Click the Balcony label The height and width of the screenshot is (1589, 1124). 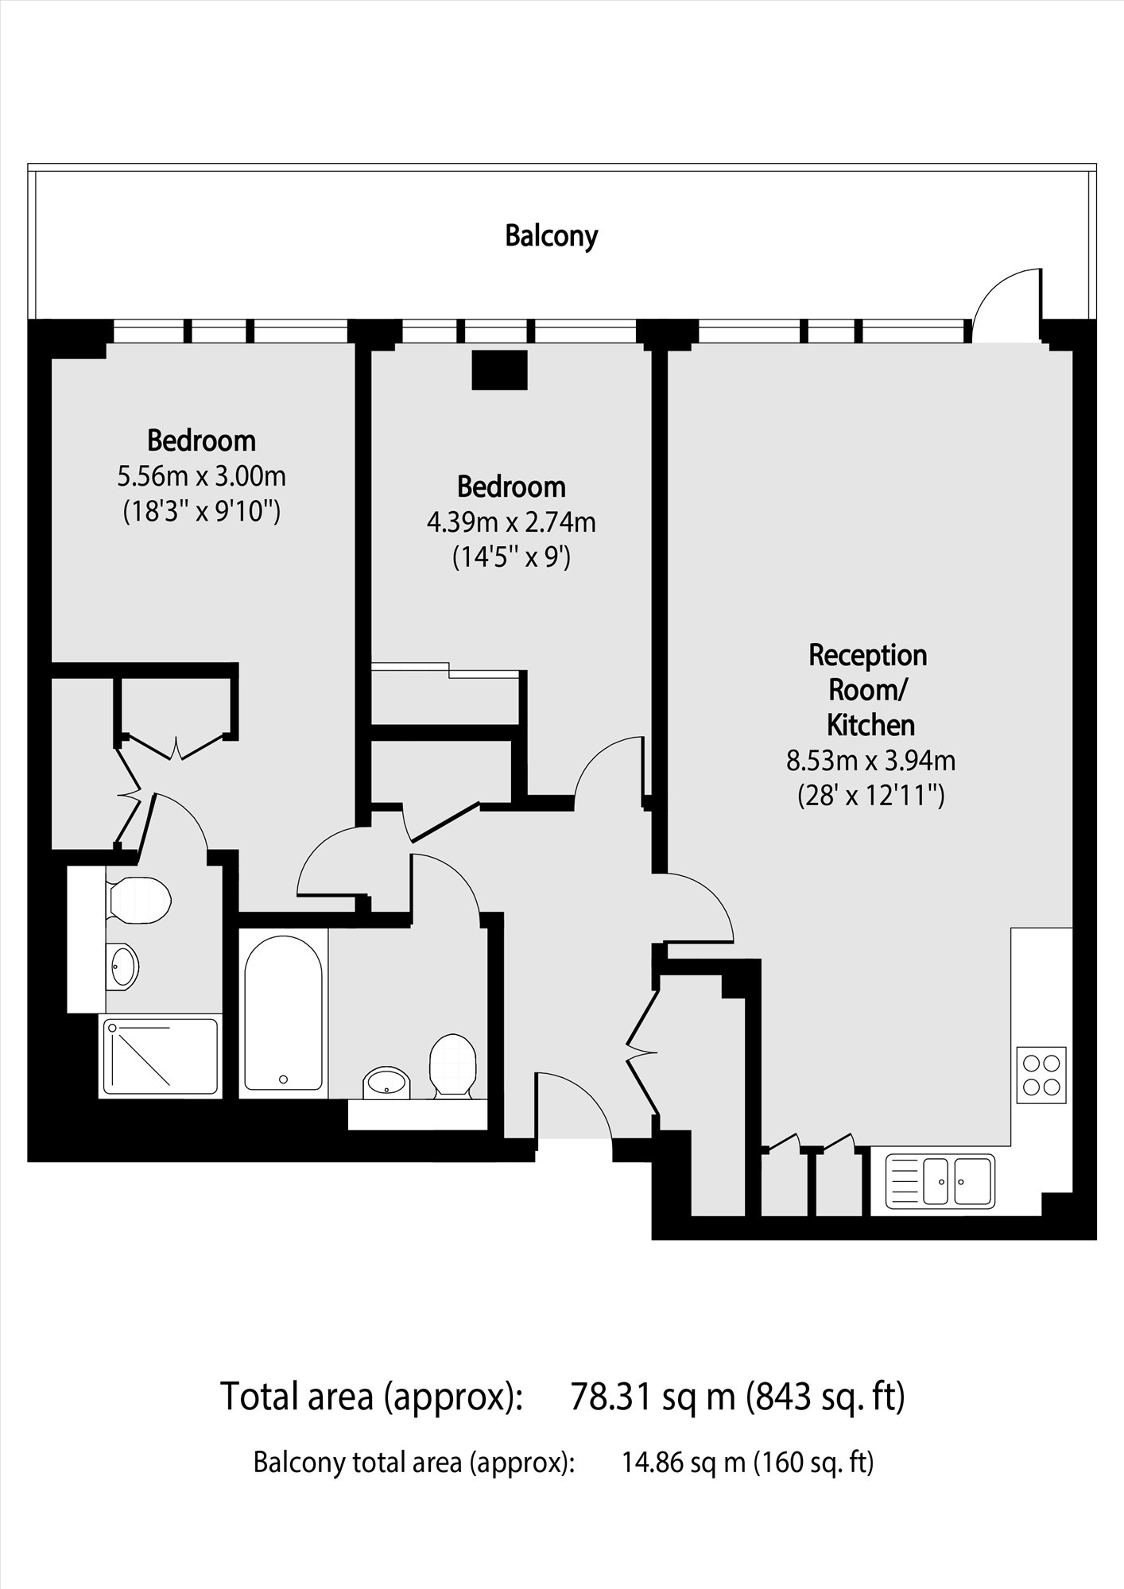click(551, 236)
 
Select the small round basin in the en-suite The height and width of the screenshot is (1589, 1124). click(122, 967)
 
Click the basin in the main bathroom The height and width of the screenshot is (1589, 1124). click(387, 1083)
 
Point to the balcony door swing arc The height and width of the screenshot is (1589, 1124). click(1003, 303)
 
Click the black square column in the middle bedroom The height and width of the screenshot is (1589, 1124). click(499, 370)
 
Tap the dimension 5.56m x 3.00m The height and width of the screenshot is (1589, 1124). click(202, 477)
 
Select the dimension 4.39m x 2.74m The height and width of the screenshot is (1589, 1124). click(511, 523)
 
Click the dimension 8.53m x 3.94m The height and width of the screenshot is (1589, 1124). click(870, 761)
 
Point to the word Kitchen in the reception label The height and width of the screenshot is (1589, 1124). click(870, 725)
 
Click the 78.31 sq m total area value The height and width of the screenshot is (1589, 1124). click(653, 1397)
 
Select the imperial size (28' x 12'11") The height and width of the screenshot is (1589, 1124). click(870, 795)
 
